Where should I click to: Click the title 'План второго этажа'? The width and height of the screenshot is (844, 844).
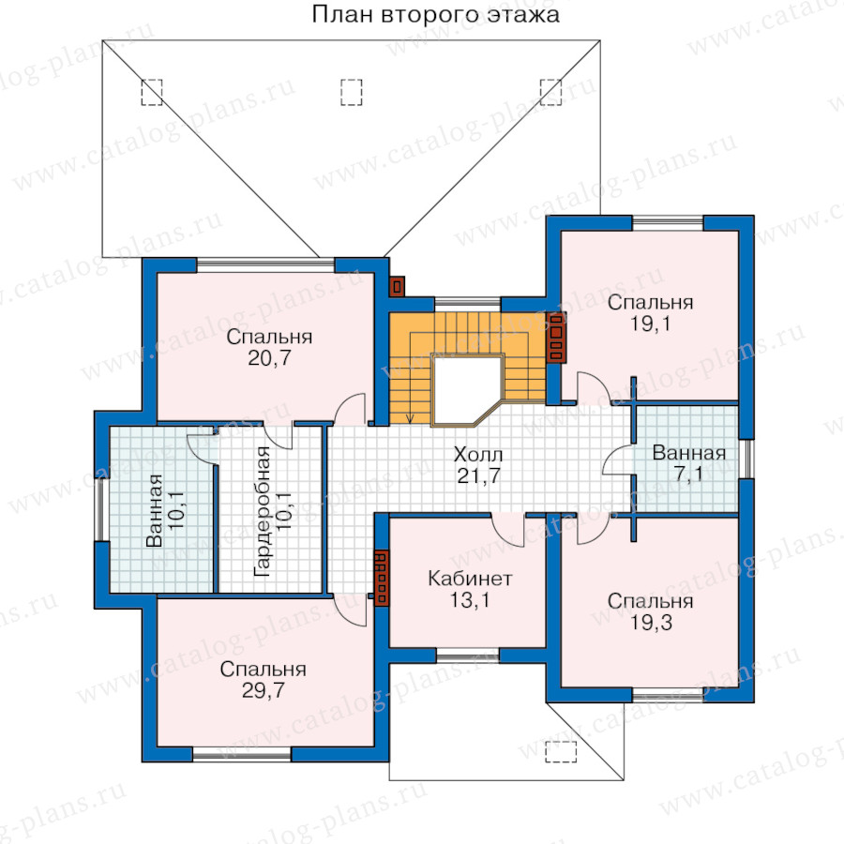(435, 14)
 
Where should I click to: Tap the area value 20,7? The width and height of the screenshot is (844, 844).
(269, 358)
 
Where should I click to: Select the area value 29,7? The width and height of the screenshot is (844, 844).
(263, 690)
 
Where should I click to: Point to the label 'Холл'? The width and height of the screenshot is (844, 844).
(478, 455)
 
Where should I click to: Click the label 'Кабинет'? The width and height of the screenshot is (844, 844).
(470, 579)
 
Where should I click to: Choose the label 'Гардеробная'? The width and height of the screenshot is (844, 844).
(263, 511)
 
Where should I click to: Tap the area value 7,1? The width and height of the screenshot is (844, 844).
(688, 475)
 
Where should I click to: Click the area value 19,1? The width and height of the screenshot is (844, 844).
(650, 324)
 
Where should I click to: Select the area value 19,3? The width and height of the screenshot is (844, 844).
(651, 623)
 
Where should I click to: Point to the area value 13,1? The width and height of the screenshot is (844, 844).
(470, 599)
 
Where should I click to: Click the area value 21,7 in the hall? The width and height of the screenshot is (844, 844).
(478, 475)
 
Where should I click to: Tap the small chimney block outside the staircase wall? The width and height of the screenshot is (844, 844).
(398, 286)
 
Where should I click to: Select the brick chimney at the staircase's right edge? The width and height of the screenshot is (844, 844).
(556, 338)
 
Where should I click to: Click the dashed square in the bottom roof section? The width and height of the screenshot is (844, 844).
(561, 752)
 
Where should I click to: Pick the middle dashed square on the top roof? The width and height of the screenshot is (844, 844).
(351, 93)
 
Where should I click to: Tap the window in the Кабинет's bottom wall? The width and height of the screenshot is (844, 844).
(467, 656)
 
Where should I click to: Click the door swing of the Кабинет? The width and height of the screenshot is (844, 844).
(507, 530)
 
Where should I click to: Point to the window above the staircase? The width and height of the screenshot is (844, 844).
(467, 304)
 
